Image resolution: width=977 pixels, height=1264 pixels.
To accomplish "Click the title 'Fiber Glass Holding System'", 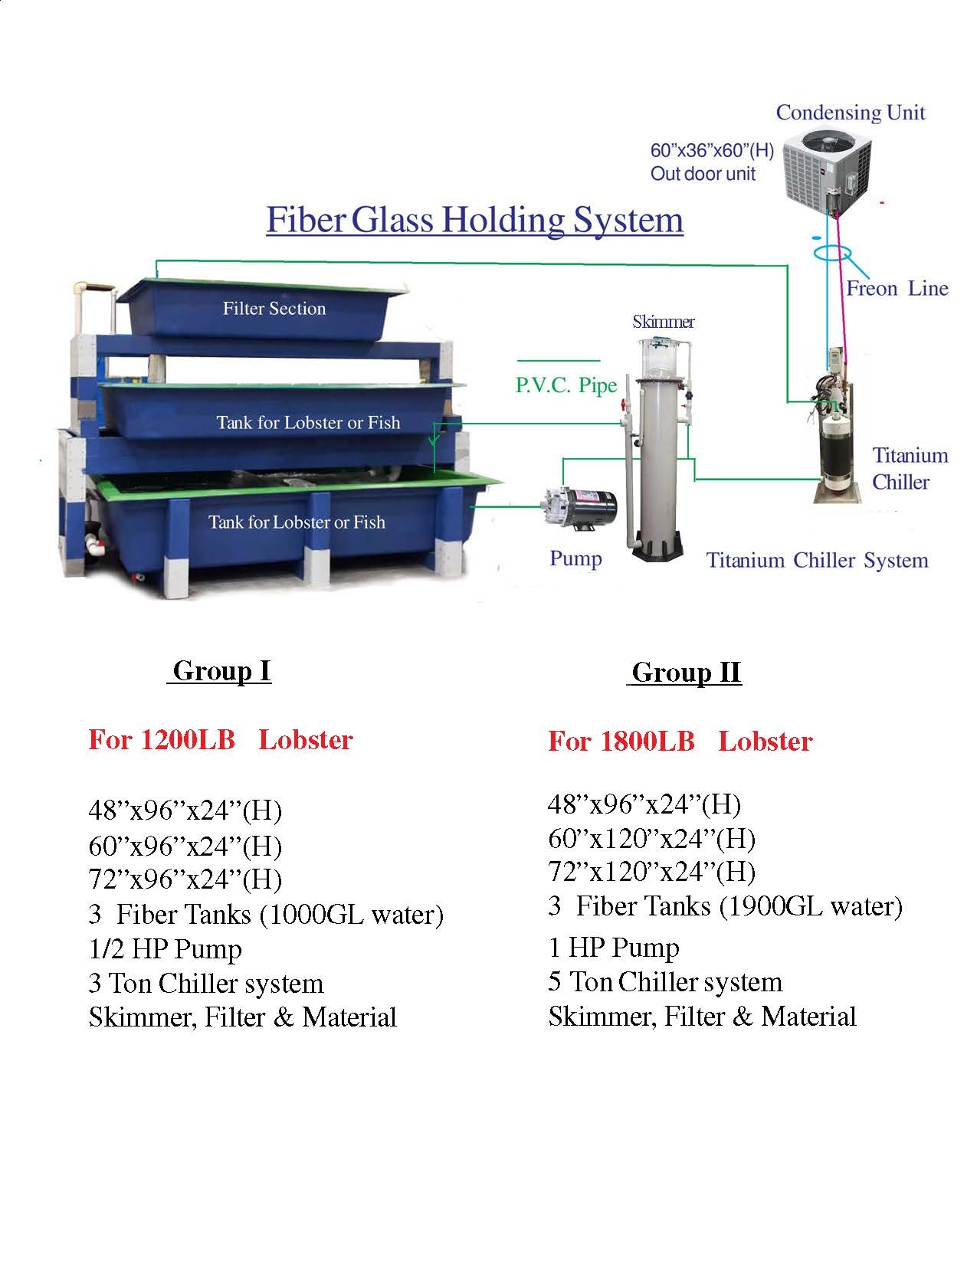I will (x=474, y=220).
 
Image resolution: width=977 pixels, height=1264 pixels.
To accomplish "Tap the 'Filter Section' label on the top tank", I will (x=274, y=309).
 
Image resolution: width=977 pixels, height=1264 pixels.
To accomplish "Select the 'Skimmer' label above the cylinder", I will (x=663, y=322).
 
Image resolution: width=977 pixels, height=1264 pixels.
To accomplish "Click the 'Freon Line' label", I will (x=897, y=289).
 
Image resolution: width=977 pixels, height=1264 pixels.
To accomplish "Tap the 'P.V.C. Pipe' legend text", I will (x=566, y=385).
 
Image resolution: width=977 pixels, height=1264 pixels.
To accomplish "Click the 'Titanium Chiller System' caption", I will (x=817, y=560).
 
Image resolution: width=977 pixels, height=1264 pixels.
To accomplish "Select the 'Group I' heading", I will (x=221, y=671).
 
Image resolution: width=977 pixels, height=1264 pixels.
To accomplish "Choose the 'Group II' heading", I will (x=686, y=673).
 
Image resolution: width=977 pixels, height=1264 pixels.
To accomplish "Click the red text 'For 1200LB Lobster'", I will (x=221, y=740).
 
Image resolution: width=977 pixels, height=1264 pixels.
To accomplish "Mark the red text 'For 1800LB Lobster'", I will (x=680, y=742).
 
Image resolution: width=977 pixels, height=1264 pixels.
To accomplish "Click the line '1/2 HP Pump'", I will (x=166, y=949).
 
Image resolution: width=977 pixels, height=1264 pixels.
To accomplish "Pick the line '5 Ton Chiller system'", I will (x=665, y=982).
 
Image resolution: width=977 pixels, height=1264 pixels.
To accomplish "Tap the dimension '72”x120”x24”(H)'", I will (x=651, y=872).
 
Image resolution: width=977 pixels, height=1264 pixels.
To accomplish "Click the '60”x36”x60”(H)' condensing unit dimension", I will (x=712, y=151).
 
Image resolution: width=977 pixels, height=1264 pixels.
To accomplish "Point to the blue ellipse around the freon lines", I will (x=833, y=253).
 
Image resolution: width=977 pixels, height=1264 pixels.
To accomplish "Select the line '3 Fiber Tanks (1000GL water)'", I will (x=266, y=915).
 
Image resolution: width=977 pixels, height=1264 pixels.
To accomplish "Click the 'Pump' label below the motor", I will (x=575, y=558).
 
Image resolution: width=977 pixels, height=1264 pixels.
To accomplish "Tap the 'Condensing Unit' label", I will (x=850, y=113).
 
